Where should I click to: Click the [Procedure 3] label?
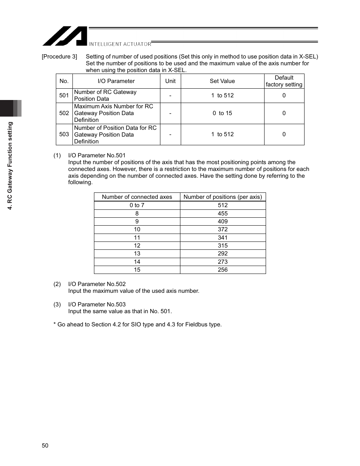(x=59, y=57)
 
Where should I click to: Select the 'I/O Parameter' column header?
(x=116, y=81)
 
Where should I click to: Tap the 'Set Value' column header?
(x=222, y=81)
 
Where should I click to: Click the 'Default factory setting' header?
(x=284, y=81)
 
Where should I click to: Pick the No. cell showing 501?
(x=64, y=95)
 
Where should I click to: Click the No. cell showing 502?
(x=64, y=113)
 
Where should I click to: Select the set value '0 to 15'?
(x=222, y=113)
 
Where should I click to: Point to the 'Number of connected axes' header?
(x=137, y=197)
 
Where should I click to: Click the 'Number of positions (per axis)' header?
(x=223, y=197)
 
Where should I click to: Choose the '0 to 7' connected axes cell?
(x=137, y=205)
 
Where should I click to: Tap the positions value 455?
(x=223, y=214)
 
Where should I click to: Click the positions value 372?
(x=223, y=229)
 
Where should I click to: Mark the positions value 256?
(x=223, y=270)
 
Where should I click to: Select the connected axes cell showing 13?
(x=137, y=254)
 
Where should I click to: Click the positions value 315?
(x=223, y=246)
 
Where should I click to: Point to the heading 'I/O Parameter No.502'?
(x=97, y=284)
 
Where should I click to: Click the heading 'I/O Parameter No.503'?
(x=97, y=305)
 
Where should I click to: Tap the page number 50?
(x=45, y=446)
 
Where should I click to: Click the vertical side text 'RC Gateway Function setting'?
(x=11, y=166)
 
